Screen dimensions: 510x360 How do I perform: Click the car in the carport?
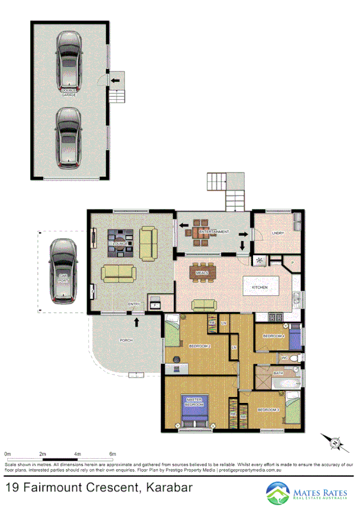(x=63, y=271)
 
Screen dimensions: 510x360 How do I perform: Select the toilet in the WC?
(x=294, y=358)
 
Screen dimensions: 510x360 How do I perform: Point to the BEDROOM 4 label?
(x=273, y=337)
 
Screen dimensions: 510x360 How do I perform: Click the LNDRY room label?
(x=278, y=233)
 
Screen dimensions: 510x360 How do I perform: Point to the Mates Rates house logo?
(x=278, y=494)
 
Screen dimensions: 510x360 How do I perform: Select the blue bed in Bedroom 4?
(x=294, y=338)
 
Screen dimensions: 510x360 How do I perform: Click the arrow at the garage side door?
(x=114, y=79)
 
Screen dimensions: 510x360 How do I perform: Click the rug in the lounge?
(x=120, y=243)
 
